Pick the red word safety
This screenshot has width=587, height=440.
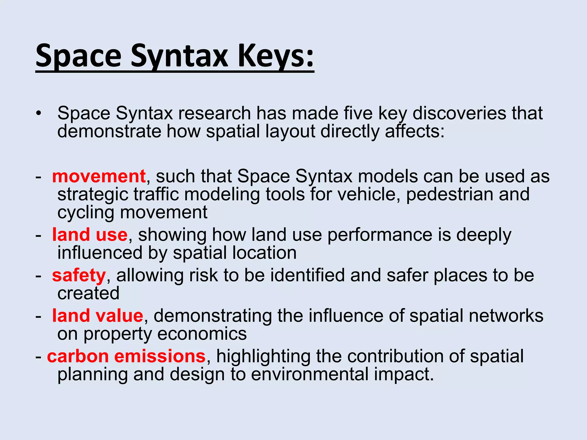point(79,275)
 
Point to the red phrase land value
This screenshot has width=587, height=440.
point(97,316)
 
